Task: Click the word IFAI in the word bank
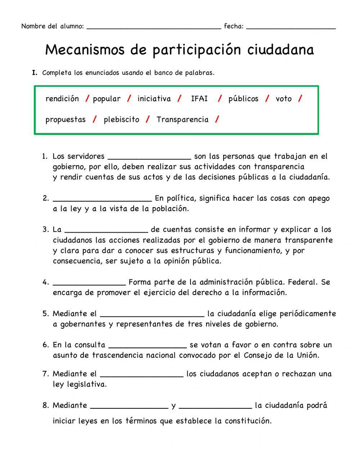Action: point(199,99)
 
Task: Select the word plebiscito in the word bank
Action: point(121,120)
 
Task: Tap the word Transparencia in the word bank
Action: point(182,120)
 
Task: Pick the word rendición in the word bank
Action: point(62,99)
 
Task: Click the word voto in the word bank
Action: point(283,99)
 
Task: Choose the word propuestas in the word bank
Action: point(66,120)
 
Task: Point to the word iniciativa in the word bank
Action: point(154,99)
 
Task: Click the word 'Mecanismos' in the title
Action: point(85,50)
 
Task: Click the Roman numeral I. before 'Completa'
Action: point(35,73)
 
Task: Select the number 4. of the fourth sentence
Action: point(45,282)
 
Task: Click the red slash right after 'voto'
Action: point(300,99)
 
